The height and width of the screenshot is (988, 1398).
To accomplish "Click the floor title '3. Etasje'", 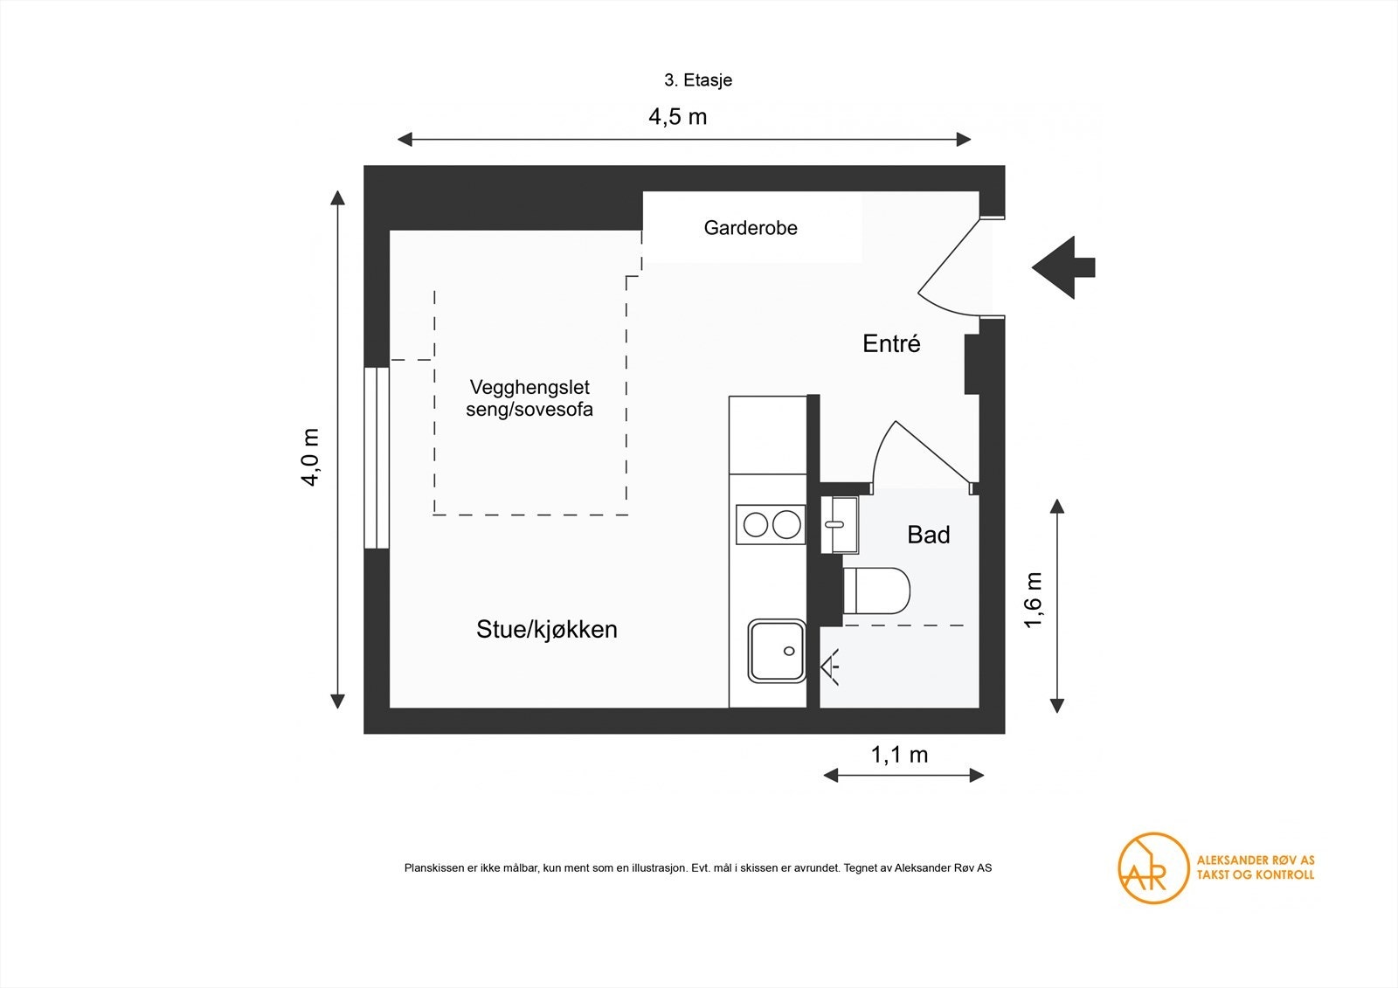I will (x=697, y=80).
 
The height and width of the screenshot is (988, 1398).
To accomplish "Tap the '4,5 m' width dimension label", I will (x=677, y=116).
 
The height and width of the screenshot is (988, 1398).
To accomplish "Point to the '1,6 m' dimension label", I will (x=1033, y=599).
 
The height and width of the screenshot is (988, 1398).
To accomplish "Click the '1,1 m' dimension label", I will (x=899, y=755).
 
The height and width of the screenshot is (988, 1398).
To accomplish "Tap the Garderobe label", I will (x=751, y=228).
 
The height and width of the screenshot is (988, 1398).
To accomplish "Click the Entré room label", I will (x=891, y=343).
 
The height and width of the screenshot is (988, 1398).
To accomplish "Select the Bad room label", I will (x=928, y=535).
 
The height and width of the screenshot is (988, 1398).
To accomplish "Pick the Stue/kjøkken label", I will (x=547, y=629).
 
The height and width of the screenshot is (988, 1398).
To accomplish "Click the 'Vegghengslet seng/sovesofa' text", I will (x=529, y=398).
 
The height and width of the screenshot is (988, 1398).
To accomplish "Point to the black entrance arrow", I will (x=1063, y=267).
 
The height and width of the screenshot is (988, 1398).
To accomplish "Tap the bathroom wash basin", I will (x=840, y=524).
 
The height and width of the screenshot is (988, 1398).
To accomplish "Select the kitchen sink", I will (x=776, y=651).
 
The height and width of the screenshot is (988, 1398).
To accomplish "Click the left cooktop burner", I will (x=756, y=524).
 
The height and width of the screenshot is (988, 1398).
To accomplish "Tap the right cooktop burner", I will (x=786, y=524).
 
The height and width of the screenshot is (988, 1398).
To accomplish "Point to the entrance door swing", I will (x=952, y=266).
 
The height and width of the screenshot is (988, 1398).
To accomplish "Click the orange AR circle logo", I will (x=1153, y=867).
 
